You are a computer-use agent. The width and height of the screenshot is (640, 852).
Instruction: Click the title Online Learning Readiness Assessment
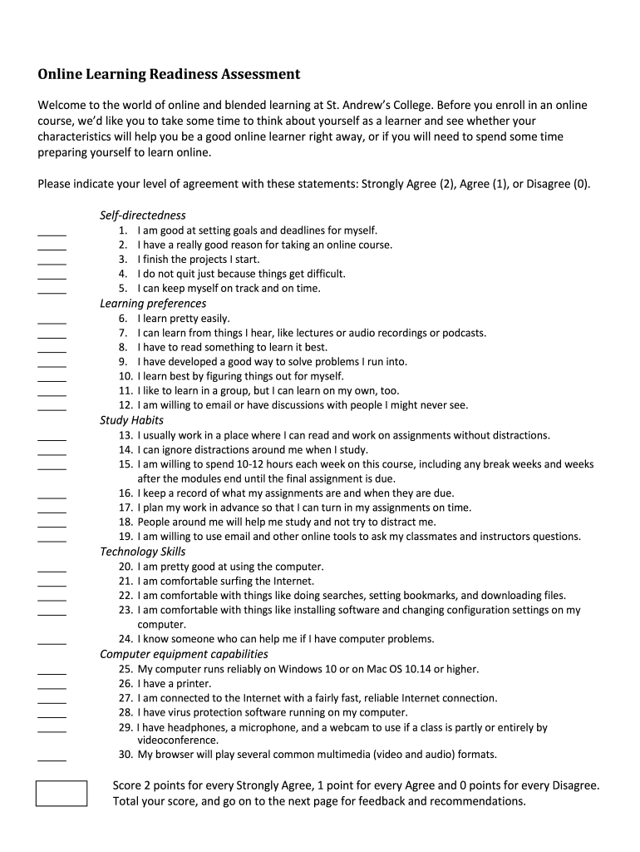pos(169,75)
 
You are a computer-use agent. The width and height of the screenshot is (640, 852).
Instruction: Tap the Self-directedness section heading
pos(143,215)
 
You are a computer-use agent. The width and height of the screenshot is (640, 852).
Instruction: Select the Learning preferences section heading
pos(153,304)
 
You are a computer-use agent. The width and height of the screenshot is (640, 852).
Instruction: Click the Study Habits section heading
pos(131,420)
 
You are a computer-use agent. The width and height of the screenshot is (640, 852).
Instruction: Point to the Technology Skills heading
pos(142,552)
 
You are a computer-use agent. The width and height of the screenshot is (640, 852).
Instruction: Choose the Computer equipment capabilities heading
pos(184,654)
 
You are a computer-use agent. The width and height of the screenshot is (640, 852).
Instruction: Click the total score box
pos(61,793)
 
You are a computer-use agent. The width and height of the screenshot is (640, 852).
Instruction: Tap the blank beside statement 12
pos(52,409)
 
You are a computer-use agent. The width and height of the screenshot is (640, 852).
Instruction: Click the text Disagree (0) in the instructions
pos(559,184)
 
